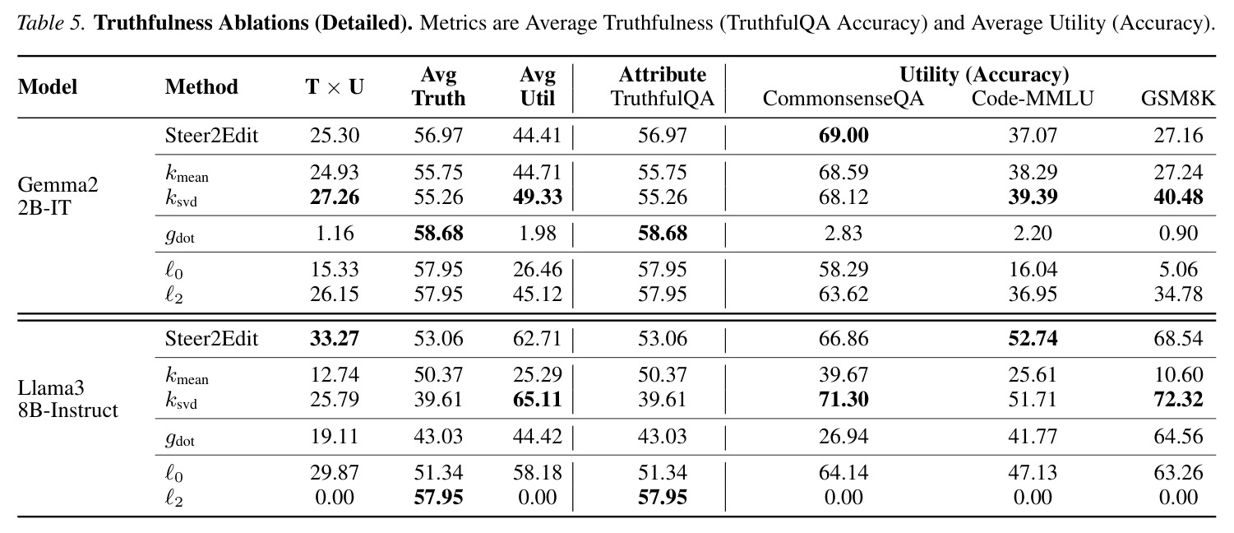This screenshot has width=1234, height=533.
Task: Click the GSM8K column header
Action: [x=1178, y=99]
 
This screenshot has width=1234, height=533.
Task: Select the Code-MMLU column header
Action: [x=1033, y=99]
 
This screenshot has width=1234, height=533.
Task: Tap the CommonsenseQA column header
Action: [x=843, y=99]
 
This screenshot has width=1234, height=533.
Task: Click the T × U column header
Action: [x=335, y=86]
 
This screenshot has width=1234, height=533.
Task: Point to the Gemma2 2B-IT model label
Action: [x=58, y=196]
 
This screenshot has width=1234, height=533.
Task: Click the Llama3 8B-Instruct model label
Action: [x=67, y=399]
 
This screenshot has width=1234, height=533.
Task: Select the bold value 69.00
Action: [x=843, y=136]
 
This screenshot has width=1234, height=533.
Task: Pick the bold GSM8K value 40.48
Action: [x=1178, y=197]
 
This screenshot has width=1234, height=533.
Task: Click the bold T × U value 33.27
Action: [x=335, y=338]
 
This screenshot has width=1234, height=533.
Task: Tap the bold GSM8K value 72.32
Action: [x=1178, y=400]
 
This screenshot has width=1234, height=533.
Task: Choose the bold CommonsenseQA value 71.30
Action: [x=843, y=400]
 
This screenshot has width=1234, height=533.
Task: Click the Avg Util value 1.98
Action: [x=538, y=233]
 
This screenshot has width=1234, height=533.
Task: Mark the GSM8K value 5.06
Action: [x=1178, y=270]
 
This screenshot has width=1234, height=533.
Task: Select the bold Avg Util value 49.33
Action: [x=538, y=197]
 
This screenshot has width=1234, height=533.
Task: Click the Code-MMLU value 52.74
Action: [x=1033, y=338]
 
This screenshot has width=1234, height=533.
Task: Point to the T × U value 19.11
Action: [x=335, y=437]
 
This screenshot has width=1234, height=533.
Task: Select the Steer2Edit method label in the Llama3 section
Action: [x=211, y=338]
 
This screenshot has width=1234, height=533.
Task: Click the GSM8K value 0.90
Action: [x=1178, y=233]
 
